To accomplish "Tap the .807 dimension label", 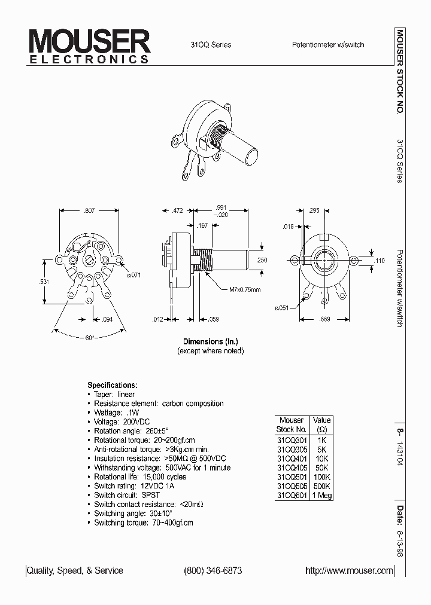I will click(90, 211).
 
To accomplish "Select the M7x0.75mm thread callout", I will click(245, 291).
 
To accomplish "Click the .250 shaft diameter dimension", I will click(262, 260).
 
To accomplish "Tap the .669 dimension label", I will click(324, 320).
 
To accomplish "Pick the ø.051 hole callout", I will click(282, 308).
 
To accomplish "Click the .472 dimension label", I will click(178, 211).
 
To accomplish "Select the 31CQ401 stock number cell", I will click(292, 458).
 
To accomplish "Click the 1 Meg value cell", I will click(321, 495).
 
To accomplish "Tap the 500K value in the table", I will click(321, 486).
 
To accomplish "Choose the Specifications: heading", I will click(113, 385).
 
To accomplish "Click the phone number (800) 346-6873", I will click(213, 571).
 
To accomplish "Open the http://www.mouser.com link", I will click(350, 571).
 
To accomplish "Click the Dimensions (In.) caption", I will click(211, 342).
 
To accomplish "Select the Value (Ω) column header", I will click(321, 424).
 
